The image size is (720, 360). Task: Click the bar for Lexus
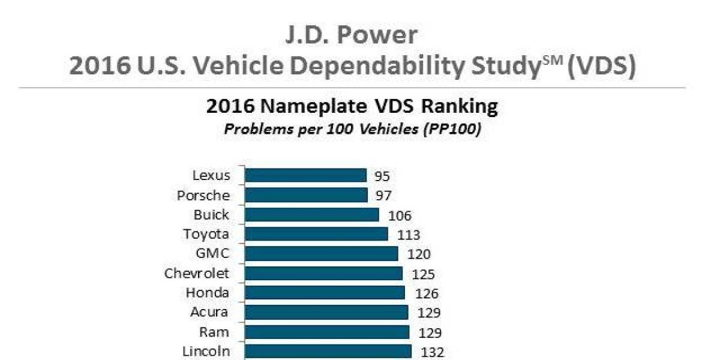pyautogui.click(x=305, y=175)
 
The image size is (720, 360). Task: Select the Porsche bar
pyautogui.click(x=306, y=195)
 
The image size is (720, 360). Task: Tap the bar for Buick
pyautogui.click(x=312, y=215)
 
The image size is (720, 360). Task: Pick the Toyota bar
pyautogui.click(x=316, y=234)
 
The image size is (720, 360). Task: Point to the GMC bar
pyautogui.click(x=322, y=254)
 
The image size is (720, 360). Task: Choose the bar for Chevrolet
pyautogui.click(x=323, y=274)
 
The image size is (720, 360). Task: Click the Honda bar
pyautogui.click(x=325, y=293)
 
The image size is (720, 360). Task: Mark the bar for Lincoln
pyautogui.click(x=328, y=352)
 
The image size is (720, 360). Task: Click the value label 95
pyautogui.click(x=382, y=176)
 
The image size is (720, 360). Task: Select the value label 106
pyautogui.click(x=400, y=215)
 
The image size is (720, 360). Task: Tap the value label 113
pyautogui.click(x=408, y=235)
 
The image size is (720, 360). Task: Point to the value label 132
pyautogui.click(x=432, y=353)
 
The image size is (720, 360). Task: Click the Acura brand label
pyautogui.click(x=209, y=312)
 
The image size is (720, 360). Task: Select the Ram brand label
pyautogui.click(x=214, y=332)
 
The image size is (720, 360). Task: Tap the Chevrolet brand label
pyautogui.click(x=197, y=274)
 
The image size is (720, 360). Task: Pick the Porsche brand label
pyautogui.click(x=203, y=196)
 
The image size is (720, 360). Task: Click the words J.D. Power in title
pyautogui.click(x=351, y=35)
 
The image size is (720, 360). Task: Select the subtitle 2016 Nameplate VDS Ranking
pyautogui.click(x=352, y=107)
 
